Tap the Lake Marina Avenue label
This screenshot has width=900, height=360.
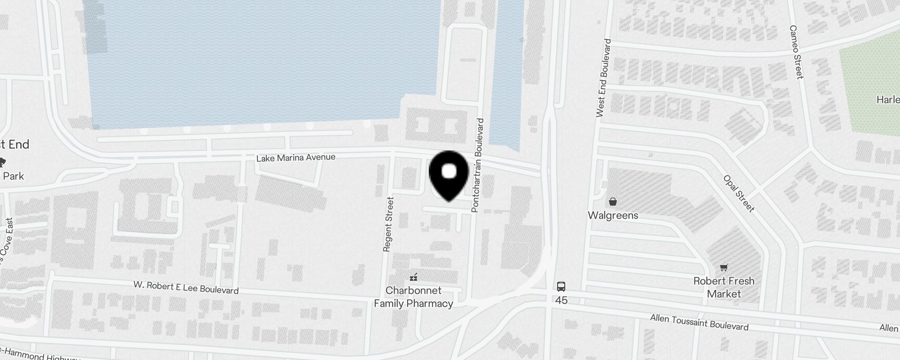tap(296, 157)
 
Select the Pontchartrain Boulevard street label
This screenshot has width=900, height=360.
tap(477, 165)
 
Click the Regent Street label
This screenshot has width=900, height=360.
tap(388, 224)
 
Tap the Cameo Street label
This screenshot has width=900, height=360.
tap(796, 52)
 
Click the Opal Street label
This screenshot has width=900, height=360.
tap(738, 193)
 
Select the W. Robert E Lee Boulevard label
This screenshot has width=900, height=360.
tap(186, 287)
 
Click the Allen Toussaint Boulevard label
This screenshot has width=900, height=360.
tap(699, 323)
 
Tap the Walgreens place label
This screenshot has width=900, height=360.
tap(613, 215)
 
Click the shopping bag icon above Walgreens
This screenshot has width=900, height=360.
tap(612, 201)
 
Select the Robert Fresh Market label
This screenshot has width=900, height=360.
tap(724, 287)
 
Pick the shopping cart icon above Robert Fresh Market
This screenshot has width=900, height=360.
tap(724, 268)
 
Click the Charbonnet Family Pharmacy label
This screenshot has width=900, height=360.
tap(414, 297)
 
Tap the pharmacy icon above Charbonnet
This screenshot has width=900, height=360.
tap(414, 277)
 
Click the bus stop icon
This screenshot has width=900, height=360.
tap(561, 286)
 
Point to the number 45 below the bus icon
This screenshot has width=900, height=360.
tap(561, 300)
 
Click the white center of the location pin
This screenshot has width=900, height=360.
tap(449, 171)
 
